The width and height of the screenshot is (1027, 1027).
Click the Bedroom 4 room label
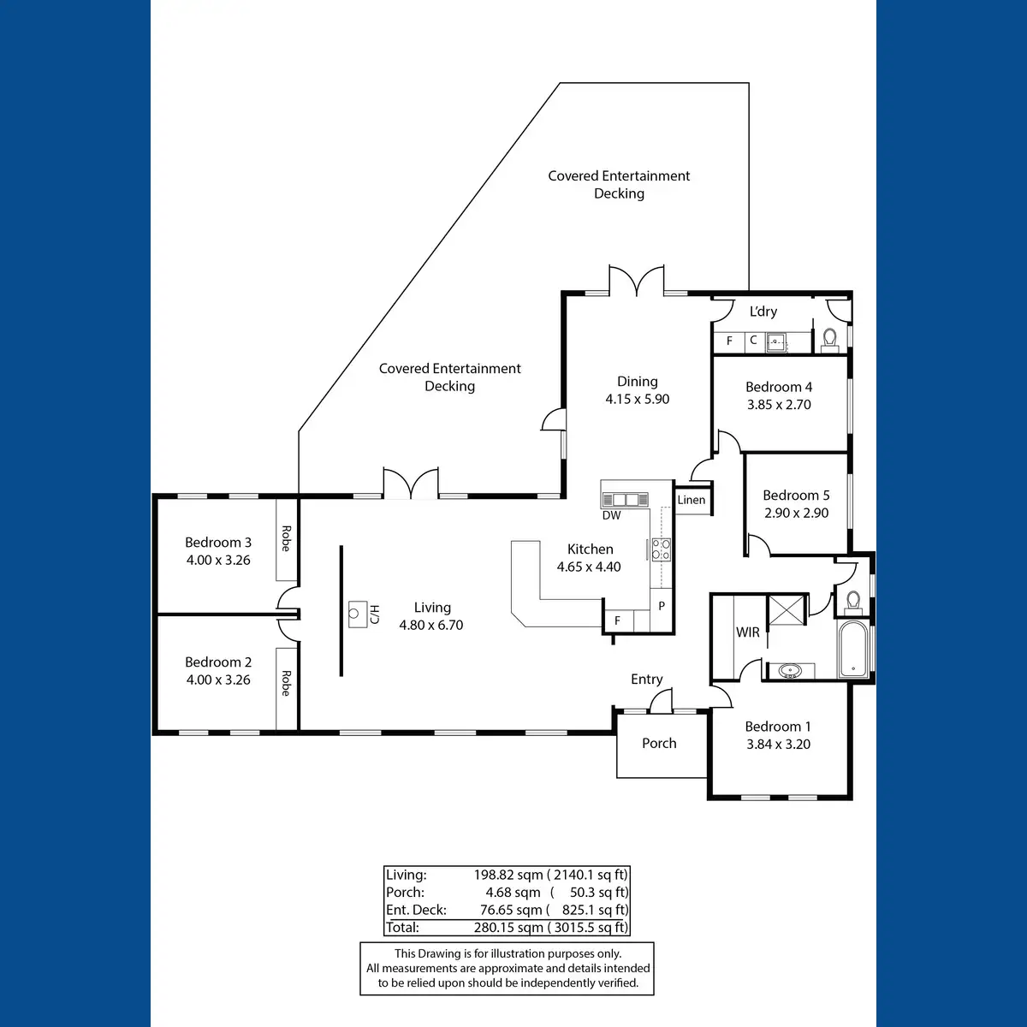pos(779,387)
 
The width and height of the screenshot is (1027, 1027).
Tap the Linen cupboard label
pos(692,500)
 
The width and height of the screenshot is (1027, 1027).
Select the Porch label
pos(659,743)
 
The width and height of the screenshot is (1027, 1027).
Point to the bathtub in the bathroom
pos(853,649)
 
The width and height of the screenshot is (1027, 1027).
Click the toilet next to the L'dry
pos(829,340)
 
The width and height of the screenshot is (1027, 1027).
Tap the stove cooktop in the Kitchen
pos(661,549)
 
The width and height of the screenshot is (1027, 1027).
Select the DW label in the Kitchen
pos(611,515)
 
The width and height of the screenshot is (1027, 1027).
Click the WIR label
pos(748,632)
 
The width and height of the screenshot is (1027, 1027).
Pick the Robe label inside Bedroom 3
pos(286,538)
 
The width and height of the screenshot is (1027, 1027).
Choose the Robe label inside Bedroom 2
pos(286,683)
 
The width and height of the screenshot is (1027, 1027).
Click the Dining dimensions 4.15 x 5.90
pos(638,399)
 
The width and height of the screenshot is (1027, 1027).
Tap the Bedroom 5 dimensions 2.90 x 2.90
pos(796,513)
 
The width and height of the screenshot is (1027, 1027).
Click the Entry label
pos(647,679)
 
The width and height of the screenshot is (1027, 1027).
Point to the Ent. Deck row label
pos(416,910)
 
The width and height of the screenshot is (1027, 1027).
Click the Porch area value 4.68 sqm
pos(513,893)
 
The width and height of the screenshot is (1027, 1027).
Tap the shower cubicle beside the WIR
pos(787,609)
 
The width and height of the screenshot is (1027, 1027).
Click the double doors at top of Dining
pos(637,282)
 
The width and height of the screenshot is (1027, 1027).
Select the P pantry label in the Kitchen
pos(662,606)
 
